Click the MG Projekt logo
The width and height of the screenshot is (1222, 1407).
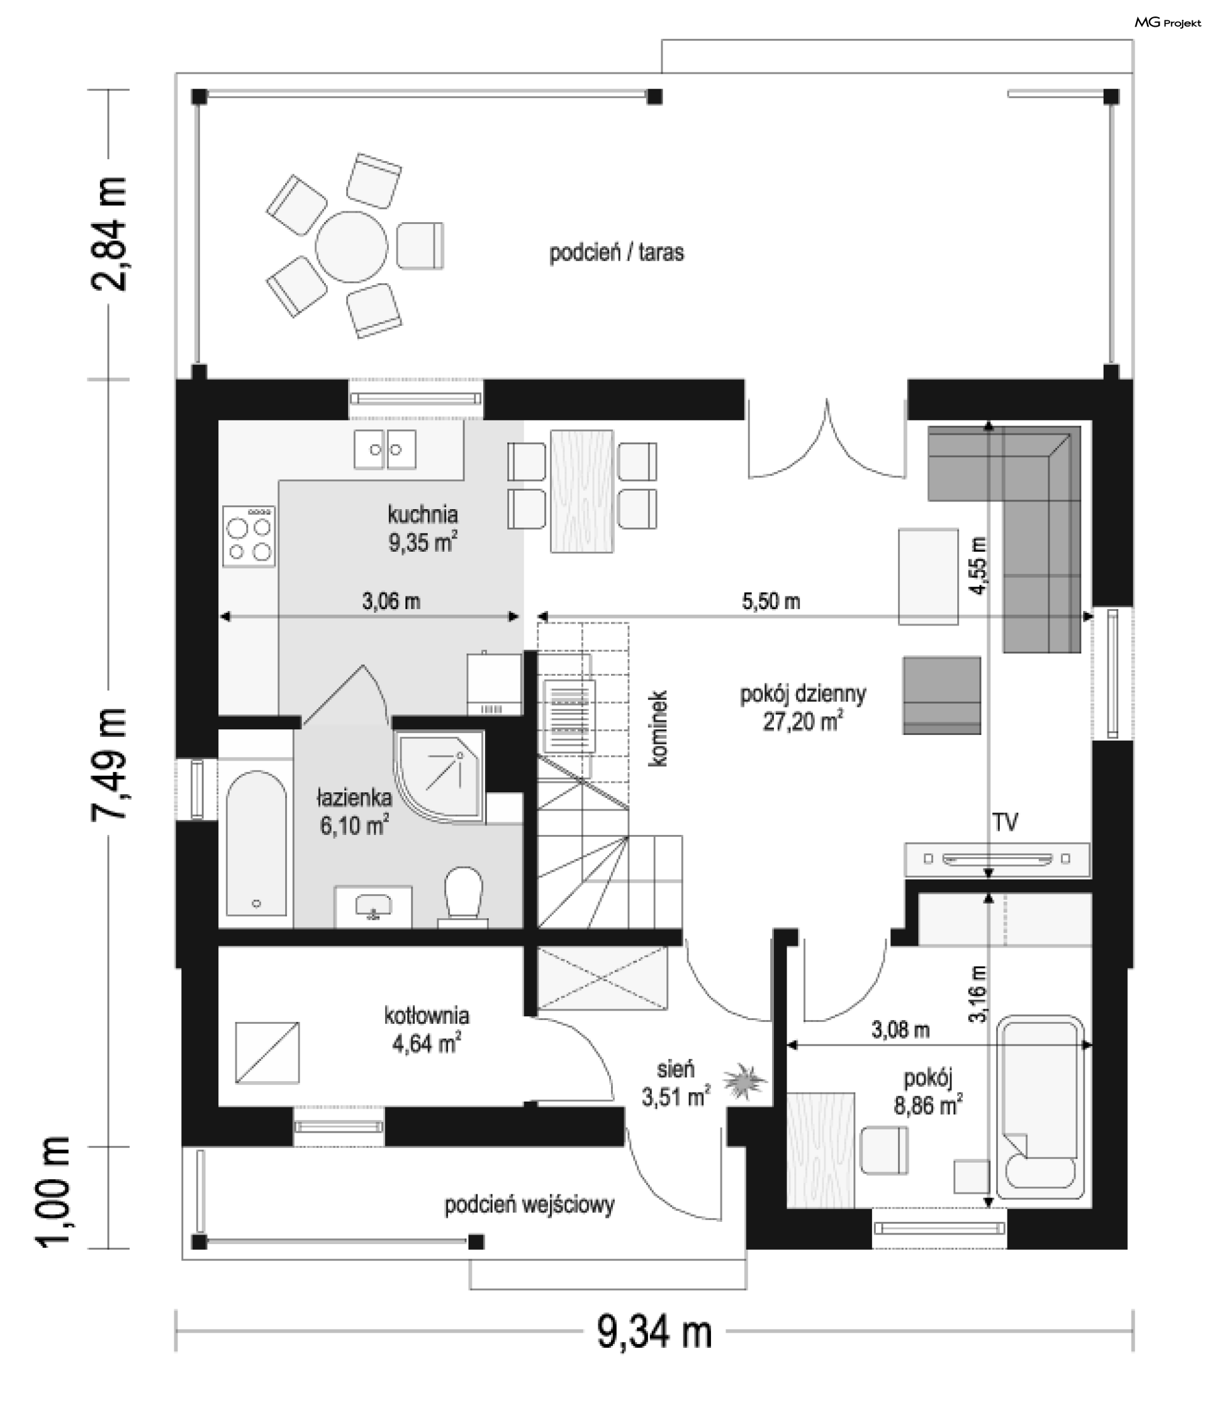coord(1167,22)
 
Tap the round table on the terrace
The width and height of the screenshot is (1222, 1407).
coord(351,246)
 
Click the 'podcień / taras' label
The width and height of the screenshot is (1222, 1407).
coord(617,253)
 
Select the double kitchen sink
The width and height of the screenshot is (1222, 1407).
coord(384,449)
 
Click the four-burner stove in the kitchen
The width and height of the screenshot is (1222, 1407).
coord(249,536)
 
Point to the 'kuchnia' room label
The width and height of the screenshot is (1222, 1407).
coord(423,514)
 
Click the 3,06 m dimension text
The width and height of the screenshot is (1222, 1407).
coord(391,601)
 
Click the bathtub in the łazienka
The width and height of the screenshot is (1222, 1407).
coord(256,843)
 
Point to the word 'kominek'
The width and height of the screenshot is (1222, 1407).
coord(659,728)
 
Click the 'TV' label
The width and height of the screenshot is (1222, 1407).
coord(1005,823)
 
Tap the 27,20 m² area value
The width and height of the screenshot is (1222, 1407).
coord(803,721)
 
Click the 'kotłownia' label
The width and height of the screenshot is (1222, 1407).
coord(427,1016)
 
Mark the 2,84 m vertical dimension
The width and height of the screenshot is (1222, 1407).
coord(109,234)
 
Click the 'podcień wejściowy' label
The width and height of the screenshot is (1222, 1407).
coord(530,1205)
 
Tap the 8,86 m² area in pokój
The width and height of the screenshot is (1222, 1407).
coord(928,1105)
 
